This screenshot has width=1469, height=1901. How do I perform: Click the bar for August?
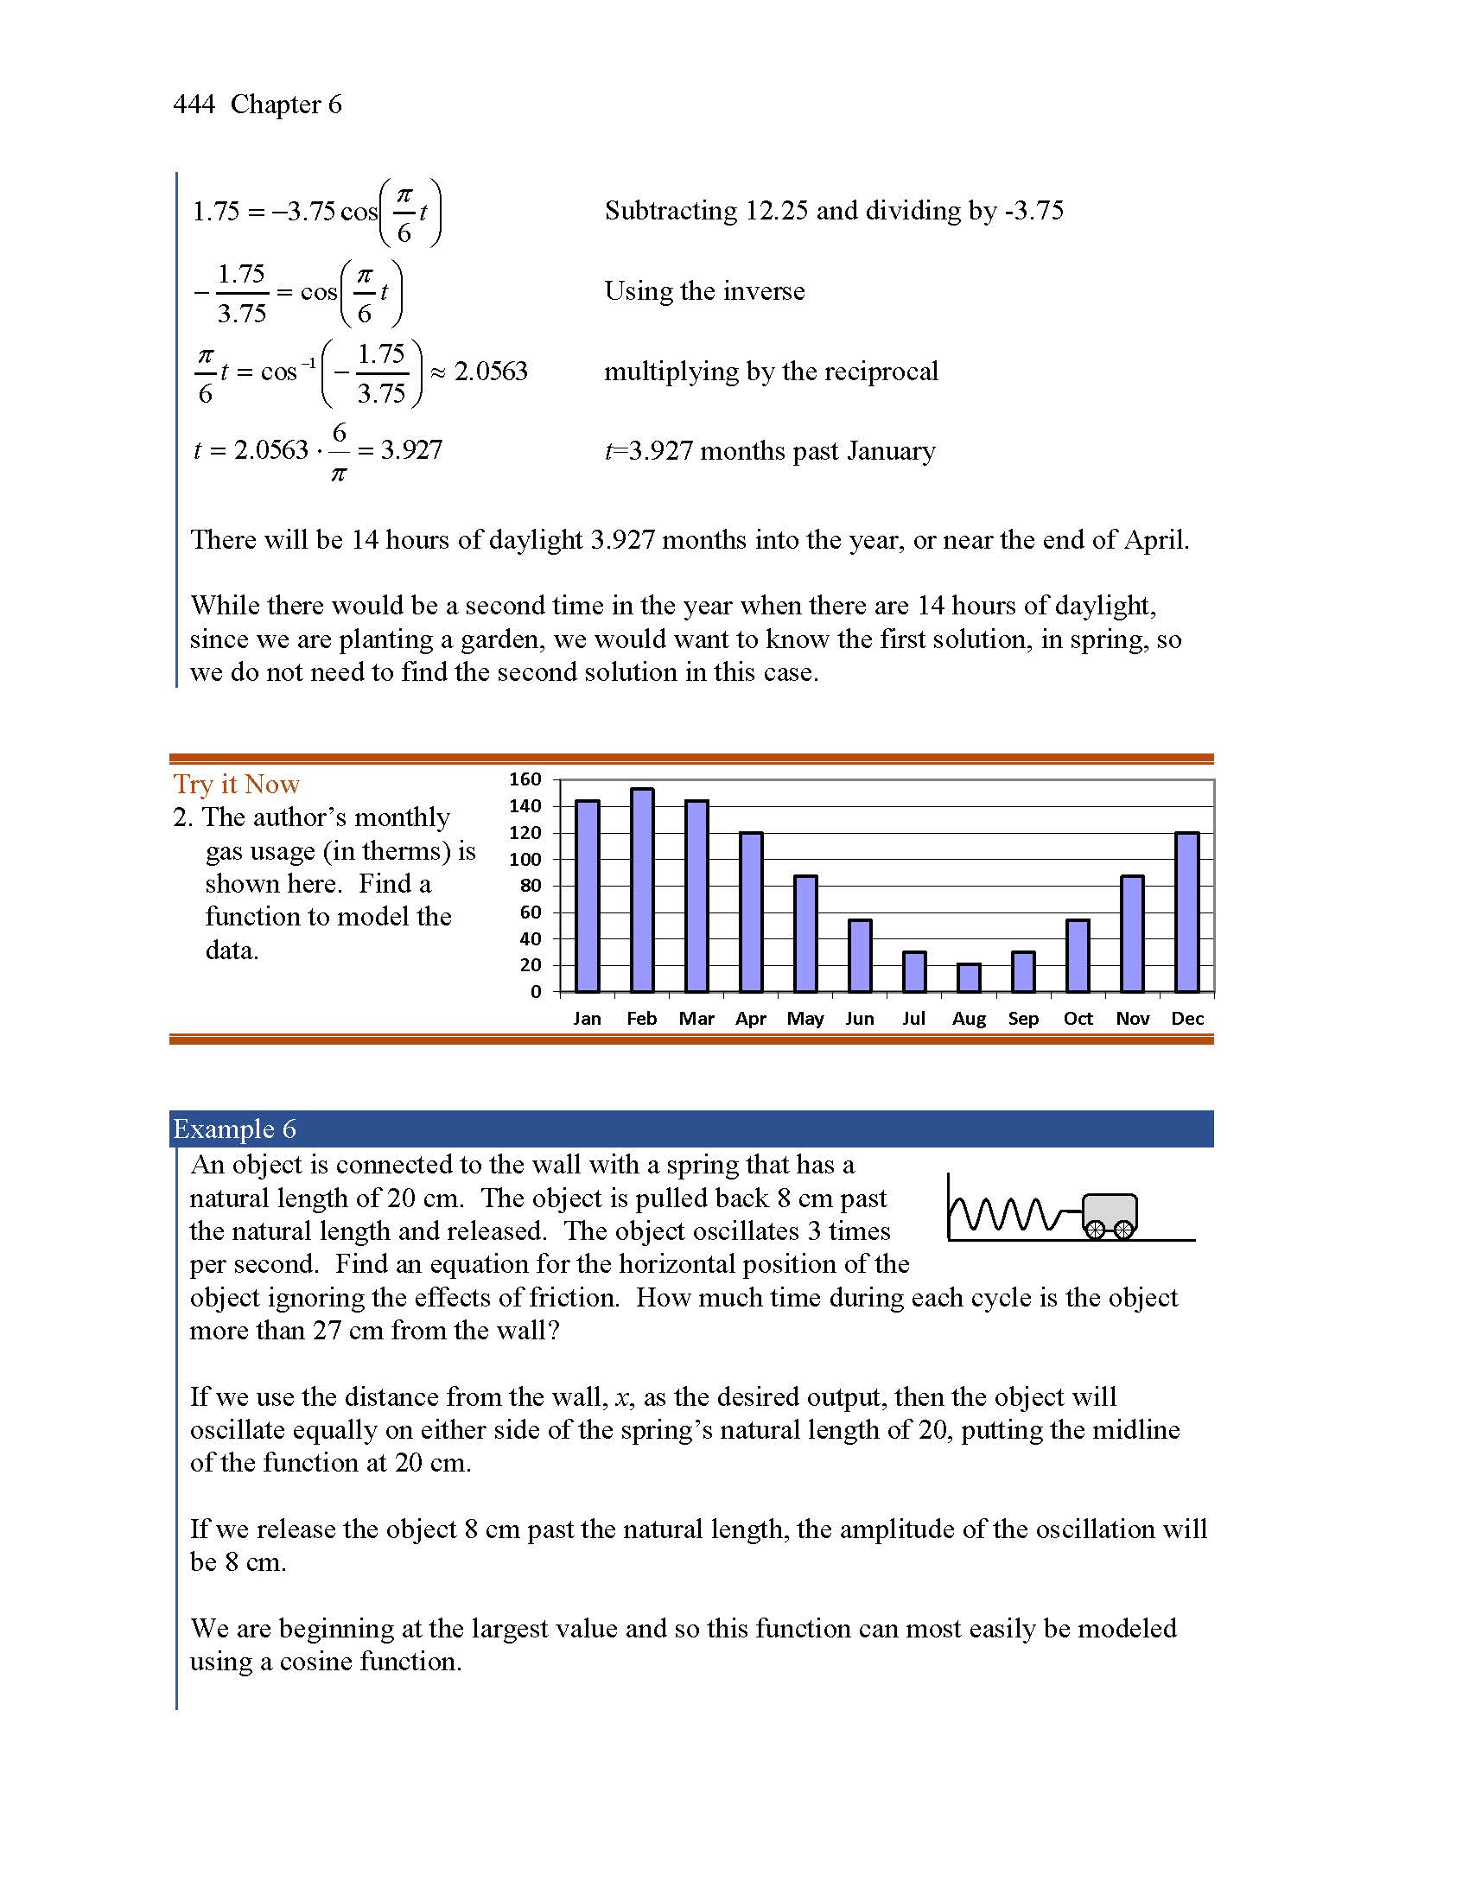pyautogui.click(x=969, y=977)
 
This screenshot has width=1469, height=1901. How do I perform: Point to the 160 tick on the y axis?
pyautogui.click(x=525, y=779)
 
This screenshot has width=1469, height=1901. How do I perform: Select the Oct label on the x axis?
pyautogui.click(x=1078, y=1019)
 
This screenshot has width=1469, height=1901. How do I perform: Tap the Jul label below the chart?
pyautogui.click(x=913, y=1019)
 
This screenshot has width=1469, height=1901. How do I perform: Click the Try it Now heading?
pyautogui.click(x=236, y=785)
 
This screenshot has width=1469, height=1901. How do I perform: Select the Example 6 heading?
pyautogui.click(x=235, y=1129)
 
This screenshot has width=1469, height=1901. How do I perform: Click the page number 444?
pyautogui.click(x=194, y=105)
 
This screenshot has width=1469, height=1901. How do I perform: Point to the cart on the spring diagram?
pyautogui.click(x=1110, y=1213)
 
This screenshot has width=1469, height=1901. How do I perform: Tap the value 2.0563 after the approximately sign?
pyautogui.click(x=491, y=372)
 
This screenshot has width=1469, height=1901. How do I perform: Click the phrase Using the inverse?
pyautogui.click(x=705, y=290)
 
